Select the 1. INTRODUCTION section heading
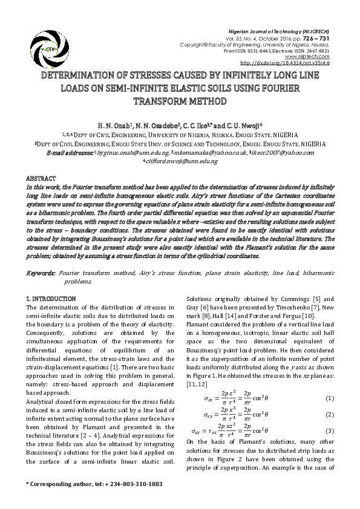click(x=51, y=299)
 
